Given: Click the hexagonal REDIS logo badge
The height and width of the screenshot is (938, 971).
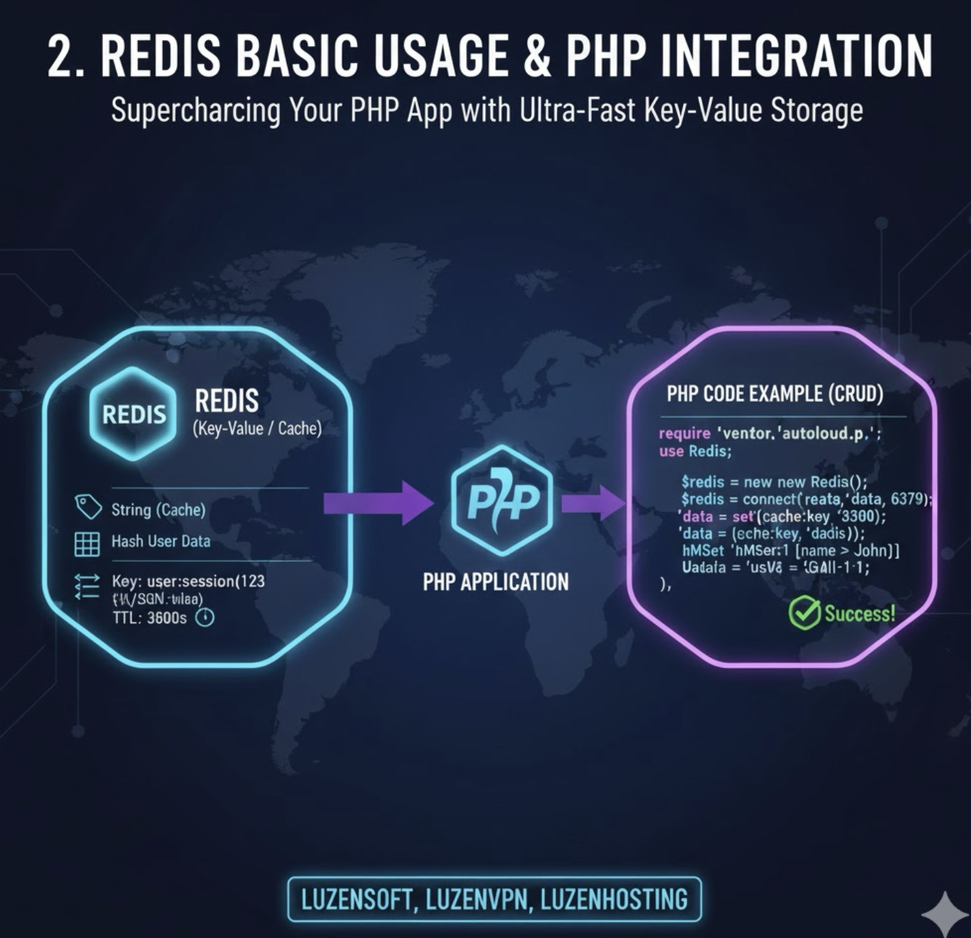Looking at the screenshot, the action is [x=133, y=413].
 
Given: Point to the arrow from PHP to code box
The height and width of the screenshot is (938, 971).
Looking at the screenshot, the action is [x=592, y=502].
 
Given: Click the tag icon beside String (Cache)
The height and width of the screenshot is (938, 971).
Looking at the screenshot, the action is [x=88, y=507].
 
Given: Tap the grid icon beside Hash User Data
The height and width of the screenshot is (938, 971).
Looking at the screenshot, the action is [x=87, y=544].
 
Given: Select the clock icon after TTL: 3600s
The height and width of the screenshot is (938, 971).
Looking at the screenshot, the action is [x=205, y=617].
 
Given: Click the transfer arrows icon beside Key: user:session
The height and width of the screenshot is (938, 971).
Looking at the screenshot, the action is [x=87, y=586].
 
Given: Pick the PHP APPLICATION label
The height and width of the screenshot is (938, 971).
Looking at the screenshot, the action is [x=496, y=582].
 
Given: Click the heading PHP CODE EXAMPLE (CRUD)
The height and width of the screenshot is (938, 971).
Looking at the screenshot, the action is [x=774, y=394].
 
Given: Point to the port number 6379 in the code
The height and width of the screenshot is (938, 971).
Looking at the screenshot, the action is [x=907, y=499].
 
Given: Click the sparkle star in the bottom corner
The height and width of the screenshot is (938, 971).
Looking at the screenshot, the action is [x=947, y=912].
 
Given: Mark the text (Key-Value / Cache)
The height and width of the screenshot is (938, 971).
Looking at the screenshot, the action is [x=257, y=428].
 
